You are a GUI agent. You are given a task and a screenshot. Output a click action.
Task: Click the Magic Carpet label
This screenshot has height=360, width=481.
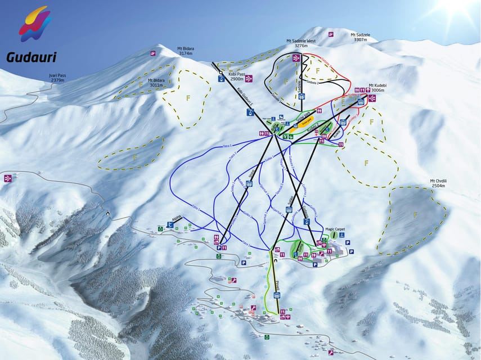[334, 229]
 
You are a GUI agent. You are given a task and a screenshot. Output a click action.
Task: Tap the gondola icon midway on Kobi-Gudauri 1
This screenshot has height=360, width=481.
[249, 112]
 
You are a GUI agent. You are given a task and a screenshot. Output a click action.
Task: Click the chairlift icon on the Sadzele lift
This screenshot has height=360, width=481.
[302, 96]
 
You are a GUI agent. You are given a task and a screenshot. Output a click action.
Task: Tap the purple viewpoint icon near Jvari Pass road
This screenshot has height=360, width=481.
[8, 178]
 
